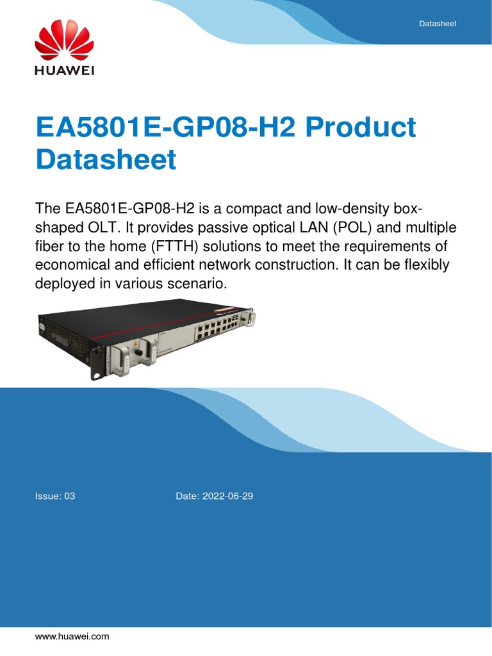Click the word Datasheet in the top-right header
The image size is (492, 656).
[x=438, y=23]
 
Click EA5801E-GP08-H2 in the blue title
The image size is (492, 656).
[x=165, y=127]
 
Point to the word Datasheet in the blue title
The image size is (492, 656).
[x=106, y=159]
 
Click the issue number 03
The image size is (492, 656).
[x=69, y=496]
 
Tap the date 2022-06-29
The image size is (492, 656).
[x=227, y=496]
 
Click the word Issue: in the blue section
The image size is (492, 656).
[x=48, y=496]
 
